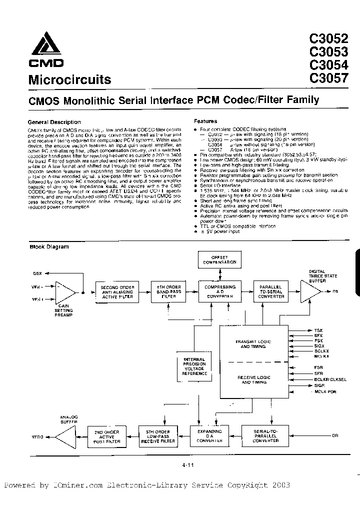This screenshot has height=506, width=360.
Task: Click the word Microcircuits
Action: coord(69,80)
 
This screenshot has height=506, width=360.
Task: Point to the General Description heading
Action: coord(54,122)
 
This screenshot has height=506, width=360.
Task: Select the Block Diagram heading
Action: coord(49,246)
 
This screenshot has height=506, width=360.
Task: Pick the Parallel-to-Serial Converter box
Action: coord(271,292)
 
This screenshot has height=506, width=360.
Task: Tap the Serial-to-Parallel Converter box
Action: coord(265,437)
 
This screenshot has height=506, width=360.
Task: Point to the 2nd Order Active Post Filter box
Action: coord(105,437)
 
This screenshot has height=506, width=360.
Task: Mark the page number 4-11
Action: coord(188,465)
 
